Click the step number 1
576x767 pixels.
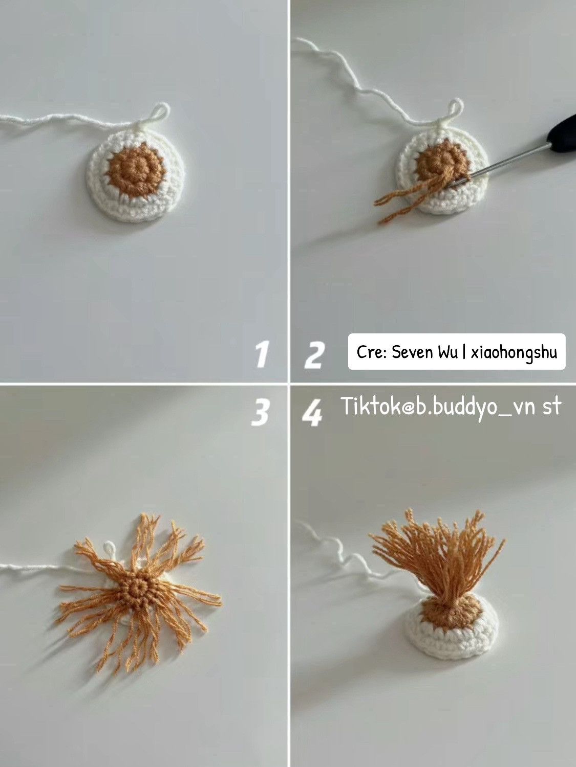pos(262,354)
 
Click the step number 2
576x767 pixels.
pos(313,354)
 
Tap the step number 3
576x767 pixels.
pos(261,412)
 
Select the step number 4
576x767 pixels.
pos(312,413)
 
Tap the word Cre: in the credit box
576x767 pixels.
pos(372,352)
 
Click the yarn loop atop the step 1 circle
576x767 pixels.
pos(160,111)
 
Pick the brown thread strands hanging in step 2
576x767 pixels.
pos(404,202)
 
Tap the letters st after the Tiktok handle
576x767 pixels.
pos(551,407)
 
